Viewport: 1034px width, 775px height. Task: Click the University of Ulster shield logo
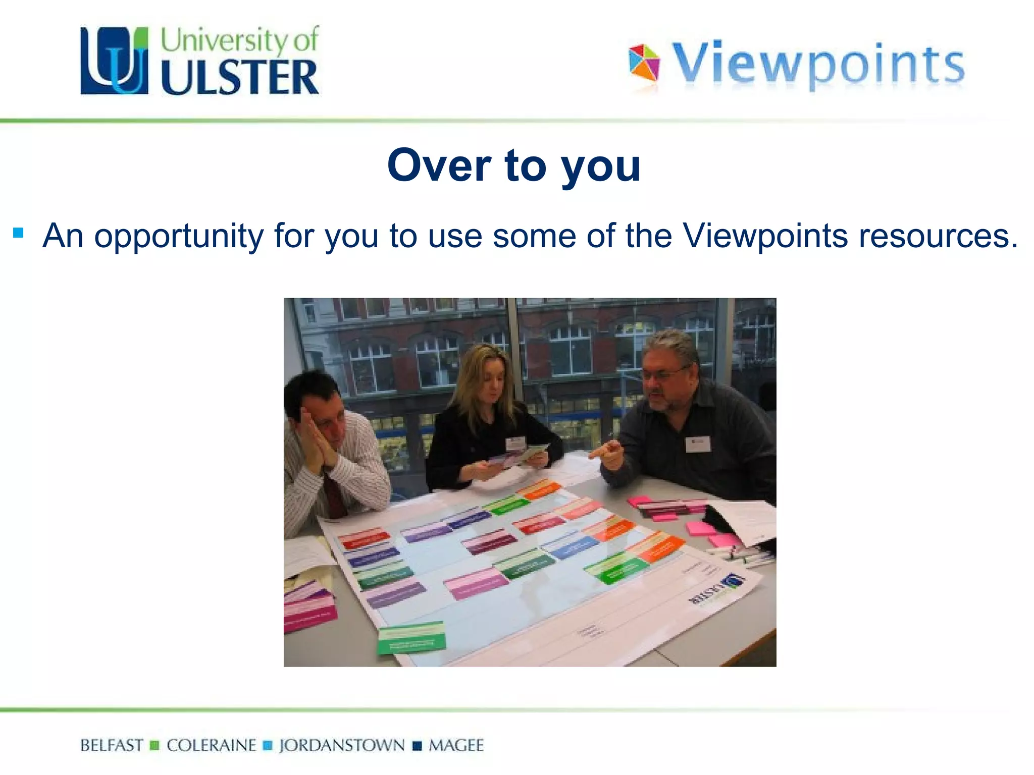coord(115,61)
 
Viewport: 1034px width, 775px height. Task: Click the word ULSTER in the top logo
coord(240,77)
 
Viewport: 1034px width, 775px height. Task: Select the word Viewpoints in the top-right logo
coord(818,65)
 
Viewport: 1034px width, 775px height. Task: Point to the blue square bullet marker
coord(19,233)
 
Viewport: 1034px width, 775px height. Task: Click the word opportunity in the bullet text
coord(179,236)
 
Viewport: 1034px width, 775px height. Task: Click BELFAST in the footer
coord(112,745)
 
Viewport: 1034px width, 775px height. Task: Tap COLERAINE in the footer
coord(212,745)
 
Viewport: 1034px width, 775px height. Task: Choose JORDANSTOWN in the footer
coord(342,745)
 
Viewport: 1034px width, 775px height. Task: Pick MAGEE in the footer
coord(456,745)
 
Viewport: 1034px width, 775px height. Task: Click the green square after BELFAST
coord(155,745)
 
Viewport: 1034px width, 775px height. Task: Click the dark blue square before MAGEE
coord(417,746)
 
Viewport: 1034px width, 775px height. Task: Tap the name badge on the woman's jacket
coord(515,444)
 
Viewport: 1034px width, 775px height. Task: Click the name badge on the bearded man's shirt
coord(698,444)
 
